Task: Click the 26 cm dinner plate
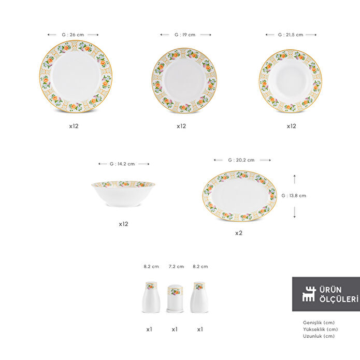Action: click(x=76, y=76)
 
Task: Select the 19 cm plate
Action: click(x=184, y=81)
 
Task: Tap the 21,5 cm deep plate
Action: click(x=291, y=81)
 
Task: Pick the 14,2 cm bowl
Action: click(x=123, y=194)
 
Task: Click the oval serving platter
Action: click(x=239, y=196)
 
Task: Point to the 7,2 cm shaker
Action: click(x=175, y=298)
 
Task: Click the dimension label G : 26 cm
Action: click(x=73, y=35)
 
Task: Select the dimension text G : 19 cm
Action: click(x=185, y=35)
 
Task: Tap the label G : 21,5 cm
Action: click(x=291, y=35)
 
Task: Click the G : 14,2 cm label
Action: click(x=122, y=164)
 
